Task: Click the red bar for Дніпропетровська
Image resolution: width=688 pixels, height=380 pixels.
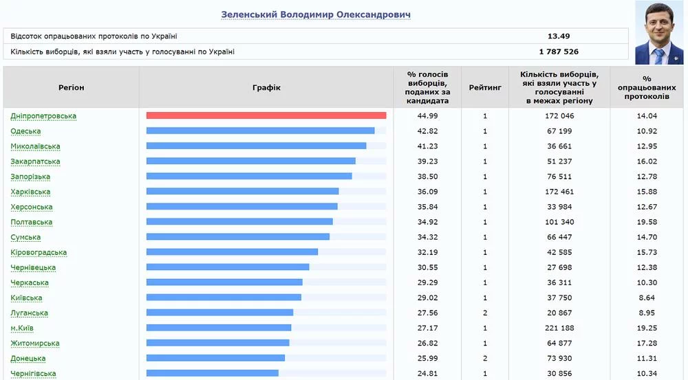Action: coord(266,115)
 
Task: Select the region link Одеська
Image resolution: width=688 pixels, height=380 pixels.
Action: coord(25,131)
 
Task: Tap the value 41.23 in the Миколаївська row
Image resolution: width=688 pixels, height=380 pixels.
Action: coord(427,146)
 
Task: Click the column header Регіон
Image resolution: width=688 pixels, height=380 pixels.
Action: coord(71,87)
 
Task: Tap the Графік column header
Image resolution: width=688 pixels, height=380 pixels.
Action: coord(266,87)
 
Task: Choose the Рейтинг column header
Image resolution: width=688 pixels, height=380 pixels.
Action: coord(485,87)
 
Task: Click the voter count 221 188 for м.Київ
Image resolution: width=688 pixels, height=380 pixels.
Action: coord(559,328)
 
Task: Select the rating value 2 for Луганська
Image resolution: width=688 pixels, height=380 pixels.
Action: coord(485,313)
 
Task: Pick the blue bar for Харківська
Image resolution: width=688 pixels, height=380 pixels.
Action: coord(242,192)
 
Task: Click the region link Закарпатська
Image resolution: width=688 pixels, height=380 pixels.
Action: coord(35,161)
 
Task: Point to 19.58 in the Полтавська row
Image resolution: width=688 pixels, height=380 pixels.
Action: coord(647,222)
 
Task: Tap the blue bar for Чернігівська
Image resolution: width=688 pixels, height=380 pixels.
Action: coord(212,373)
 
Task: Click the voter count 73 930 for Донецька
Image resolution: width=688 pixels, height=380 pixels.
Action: coord(559,358)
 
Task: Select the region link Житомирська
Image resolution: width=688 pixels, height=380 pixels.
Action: coord(35,343)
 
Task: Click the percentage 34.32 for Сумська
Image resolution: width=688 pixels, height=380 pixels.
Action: coord(427,237)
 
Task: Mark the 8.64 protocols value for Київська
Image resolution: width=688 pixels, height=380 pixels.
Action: coord(647,298)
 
